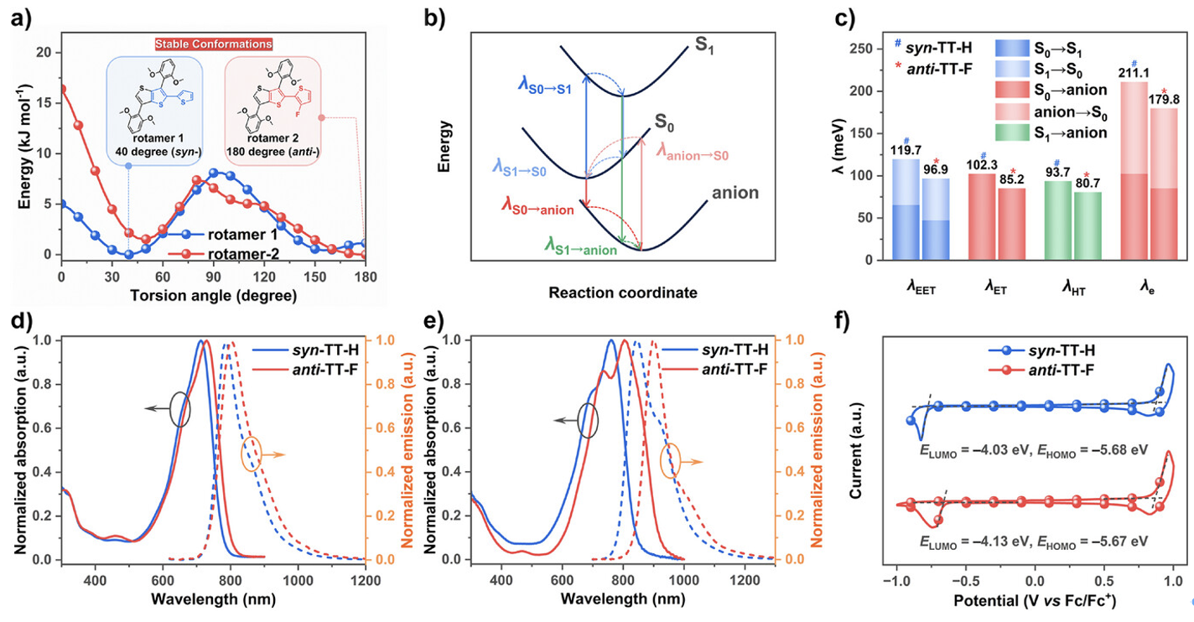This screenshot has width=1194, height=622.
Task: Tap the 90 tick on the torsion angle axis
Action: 213,277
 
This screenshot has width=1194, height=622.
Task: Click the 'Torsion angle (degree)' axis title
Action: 213,295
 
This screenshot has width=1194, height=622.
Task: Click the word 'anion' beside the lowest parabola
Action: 735,194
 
